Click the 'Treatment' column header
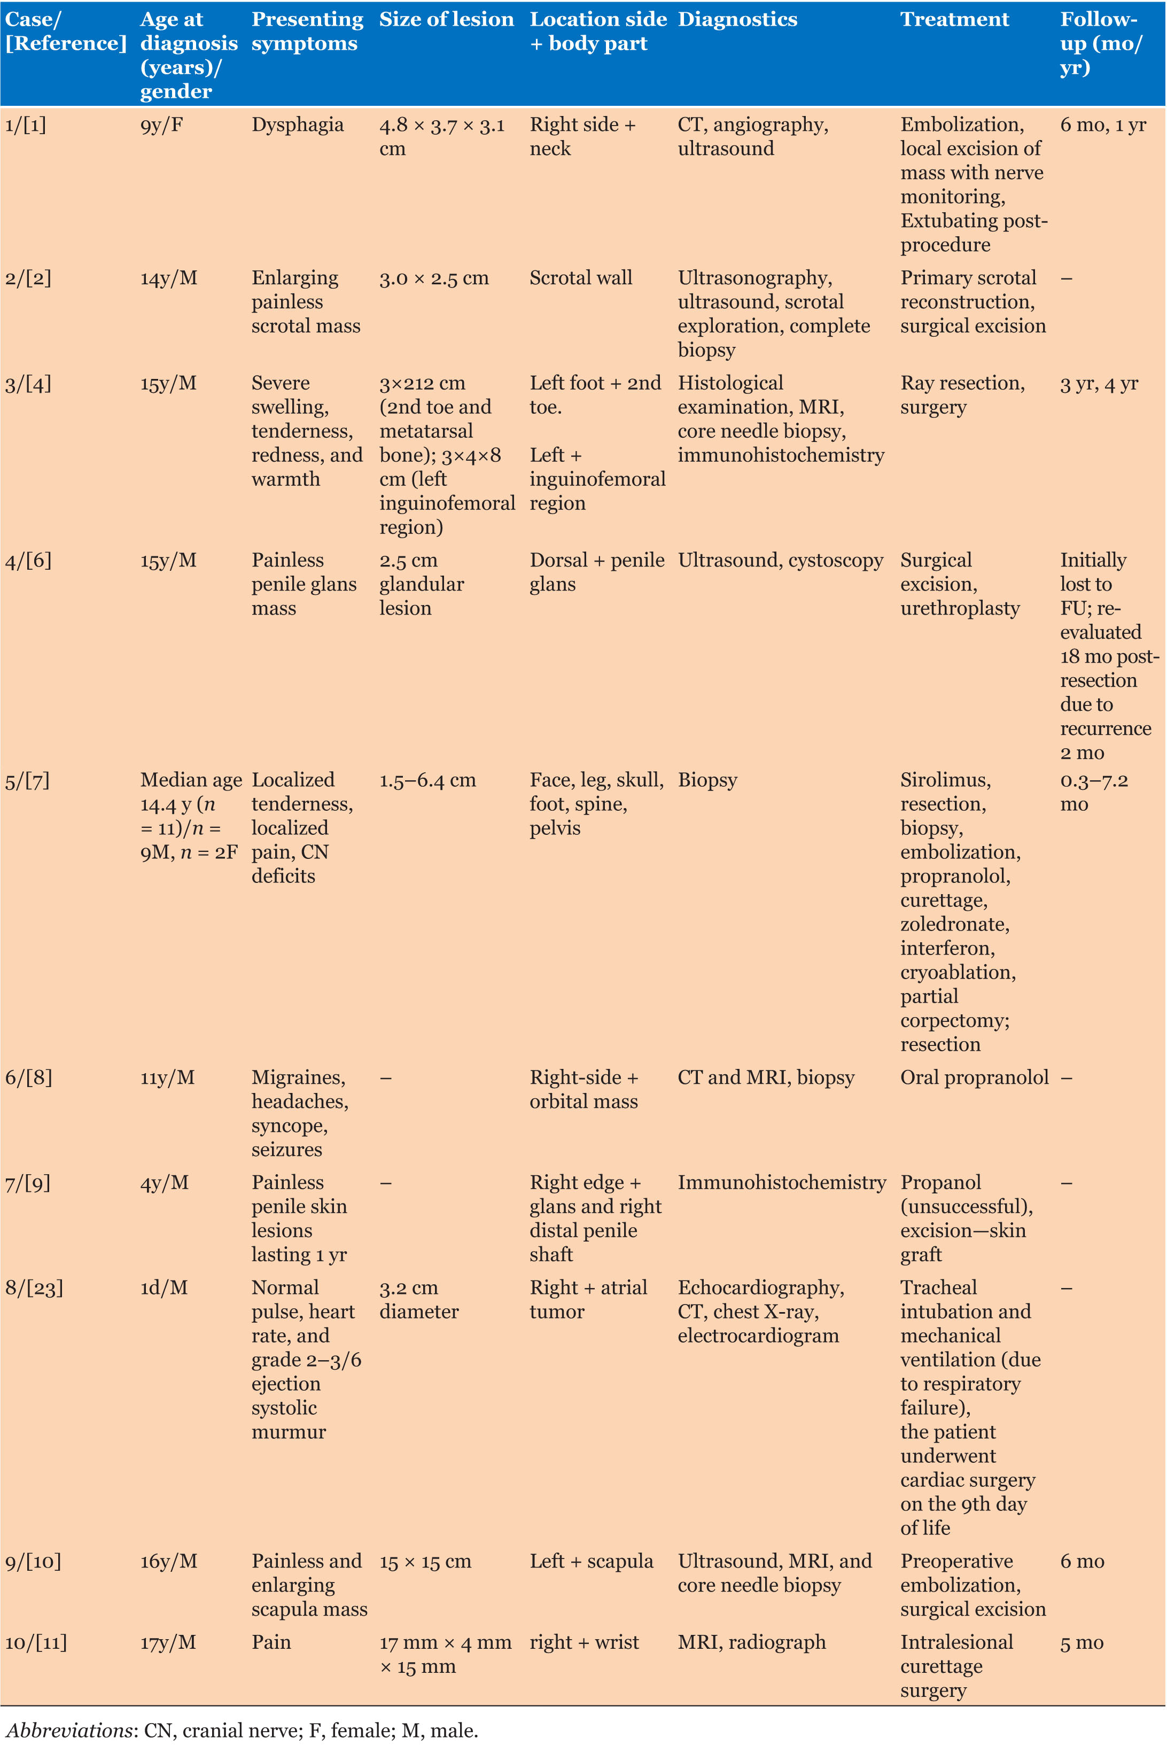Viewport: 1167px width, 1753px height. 954,19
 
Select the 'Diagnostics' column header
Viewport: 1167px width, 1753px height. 737,19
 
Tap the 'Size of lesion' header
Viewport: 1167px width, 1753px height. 446,19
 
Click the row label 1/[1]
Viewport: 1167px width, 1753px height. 25,125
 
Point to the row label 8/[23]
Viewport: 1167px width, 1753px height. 34,1288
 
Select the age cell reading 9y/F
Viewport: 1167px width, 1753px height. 161,125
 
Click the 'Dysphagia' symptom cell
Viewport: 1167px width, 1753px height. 298,125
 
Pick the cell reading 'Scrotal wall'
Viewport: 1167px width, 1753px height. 580,278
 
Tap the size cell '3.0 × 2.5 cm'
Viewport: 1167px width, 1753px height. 434,278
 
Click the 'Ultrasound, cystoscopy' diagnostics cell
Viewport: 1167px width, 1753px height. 780,561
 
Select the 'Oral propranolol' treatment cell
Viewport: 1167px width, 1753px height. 974,1078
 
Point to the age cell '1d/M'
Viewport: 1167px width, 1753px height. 164,1288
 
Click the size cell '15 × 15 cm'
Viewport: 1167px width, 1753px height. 425,1562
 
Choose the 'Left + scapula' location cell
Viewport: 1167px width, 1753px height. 591,1562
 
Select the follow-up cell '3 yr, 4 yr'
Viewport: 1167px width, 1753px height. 1099,383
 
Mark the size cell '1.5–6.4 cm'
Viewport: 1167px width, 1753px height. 427,780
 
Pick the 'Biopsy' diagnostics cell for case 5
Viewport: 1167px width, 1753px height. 707,780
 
